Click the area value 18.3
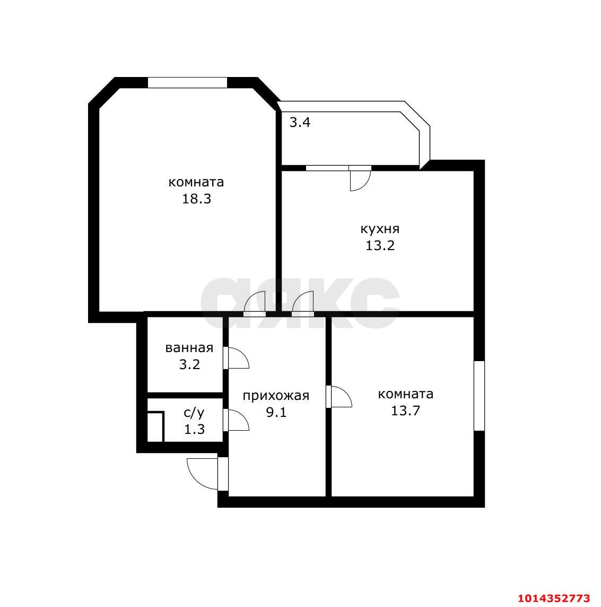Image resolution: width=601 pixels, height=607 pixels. pyautogui.click(x=196, y=199)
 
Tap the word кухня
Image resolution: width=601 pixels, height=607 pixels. pyautogui.click(x=380, y=229)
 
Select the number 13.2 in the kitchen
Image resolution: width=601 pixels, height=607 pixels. pyautogui.click(x=380, y=245)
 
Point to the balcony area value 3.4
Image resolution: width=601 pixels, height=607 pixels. pyautogui.click(x=300, y=123)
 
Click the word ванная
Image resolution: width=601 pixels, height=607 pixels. pyautogui.click(x=189, y=348)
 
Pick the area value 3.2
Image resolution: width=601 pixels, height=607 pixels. pyautogui.click(x=189, y=364)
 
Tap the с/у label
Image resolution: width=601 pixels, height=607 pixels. pyautogui.click(x=194, y=413)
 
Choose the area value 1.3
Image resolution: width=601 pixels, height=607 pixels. pyautogui.click(x=194, y=429)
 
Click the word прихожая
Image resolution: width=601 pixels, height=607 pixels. pyautogui.click(x=276, y=396)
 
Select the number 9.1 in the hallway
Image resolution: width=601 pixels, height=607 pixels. pyautogui.click(x=276, y=412)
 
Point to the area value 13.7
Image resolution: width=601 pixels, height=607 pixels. pyautogui.click(x=405, y=411)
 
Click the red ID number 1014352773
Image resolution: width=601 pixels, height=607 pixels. pyautogui.click(x=559, y=598)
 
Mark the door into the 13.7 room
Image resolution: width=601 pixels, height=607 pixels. pyautogui.click(x=339, y=396)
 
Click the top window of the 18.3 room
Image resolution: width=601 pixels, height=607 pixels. pyautogui.click(x=187, y=82)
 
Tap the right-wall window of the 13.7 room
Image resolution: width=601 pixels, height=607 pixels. pyautogui.click(x=479, y=396)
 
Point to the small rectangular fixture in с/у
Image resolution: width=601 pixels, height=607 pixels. pyautogui.click(x=155, y=427)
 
